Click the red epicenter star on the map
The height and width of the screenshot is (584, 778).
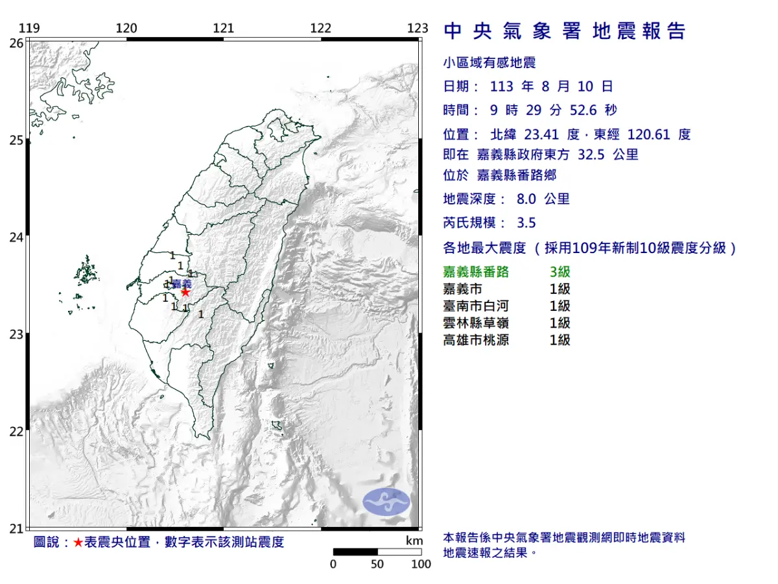(x=185, y=292)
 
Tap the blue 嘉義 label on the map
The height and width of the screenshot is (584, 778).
(x=182, y=284)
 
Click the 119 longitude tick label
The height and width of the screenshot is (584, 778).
(x=30, y=28)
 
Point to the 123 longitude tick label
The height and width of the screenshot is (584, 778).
(x=418, y=28)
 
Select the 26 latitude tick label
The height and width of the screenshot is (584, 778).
(x=17, y=43)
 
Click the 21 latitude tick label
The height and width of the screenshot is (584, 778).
(x=17, y=529)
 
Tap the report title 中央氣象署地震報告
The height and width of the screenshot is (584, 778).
(x=564, y=31)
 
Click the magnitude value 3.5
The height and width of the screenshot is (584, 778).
(x=526, y=223)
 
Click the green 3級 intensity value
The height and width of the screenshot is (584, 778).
(x=560, y=273)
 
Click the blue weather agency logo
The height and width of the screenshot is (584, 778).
(x=386, y=502)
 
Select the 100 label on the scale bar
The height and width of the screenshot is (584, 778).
(x=421, y=565)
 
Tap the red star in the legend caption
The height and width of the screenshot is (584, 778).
(x=78, y=542)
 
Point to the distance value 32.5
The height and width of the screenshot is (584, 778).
(x=590, y=154)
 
